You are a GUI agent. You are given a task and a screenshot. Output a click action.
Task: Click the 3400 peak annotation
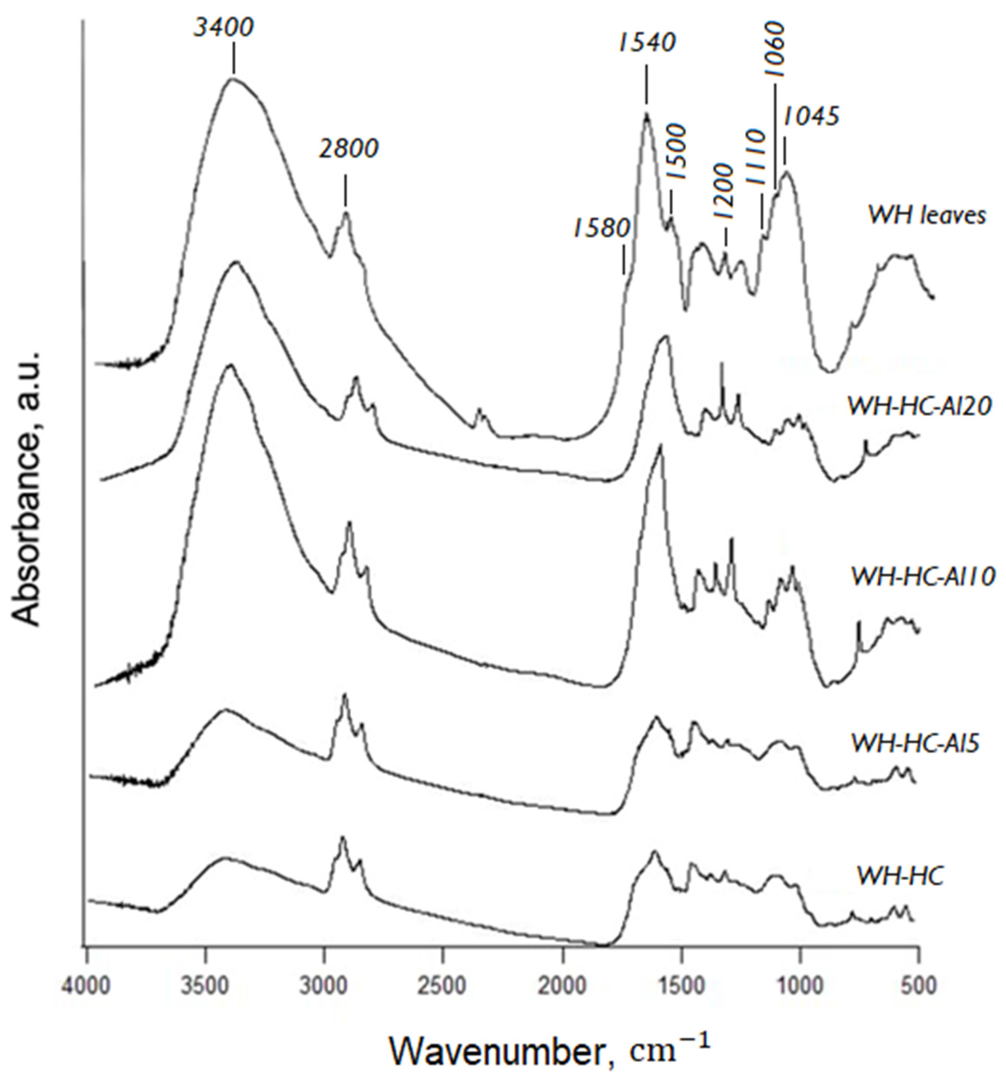(x=224, y=28)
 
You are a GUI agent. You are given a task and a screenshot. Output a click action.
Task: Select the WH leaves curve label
(x=926, y=215)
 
